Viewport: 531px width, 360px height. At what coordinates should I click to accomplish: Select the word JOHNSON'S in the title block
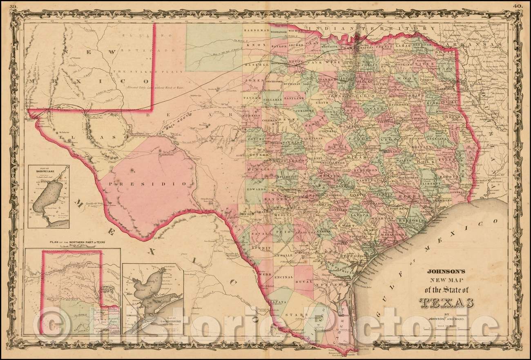click(447, 270)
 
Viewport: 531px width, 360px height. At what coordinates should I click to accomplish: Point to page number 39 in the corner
click(13, 6)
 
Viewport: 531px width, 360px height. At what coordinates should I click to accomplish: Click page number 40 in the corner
click(517, 6)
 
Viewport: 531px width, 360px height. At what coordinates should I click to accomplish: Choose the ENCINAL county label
click(283, 277)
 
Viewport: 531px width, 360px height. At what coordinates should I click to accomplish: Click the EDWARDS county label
click(256, 190)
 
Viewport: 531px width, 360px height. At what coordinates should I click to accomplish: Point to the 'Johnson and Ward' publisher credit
click(447, 320)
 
